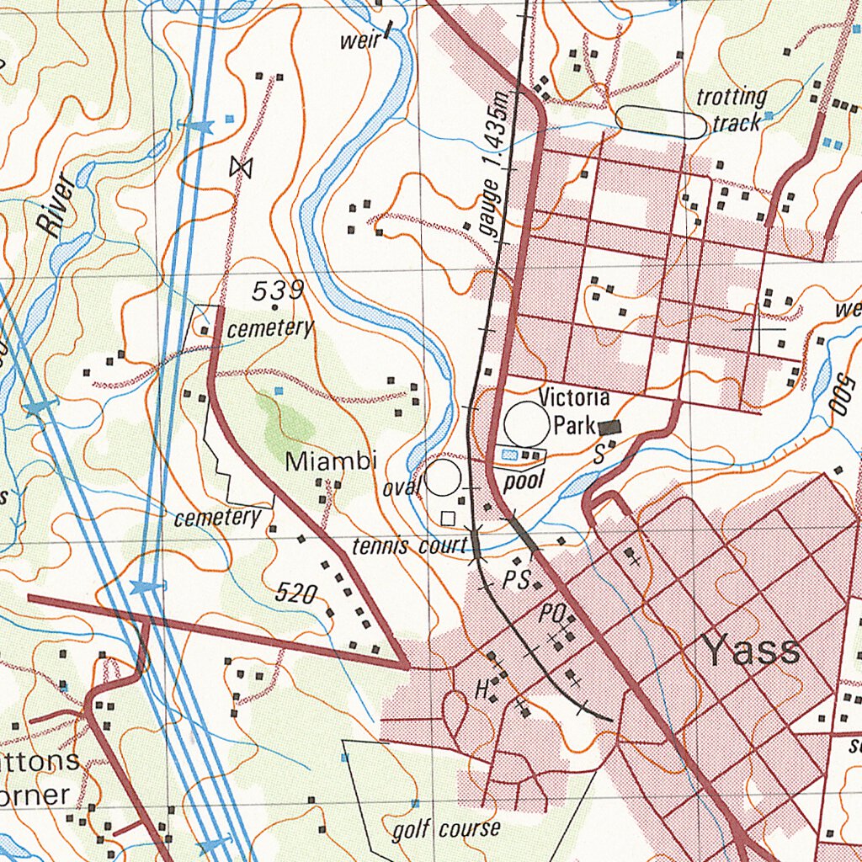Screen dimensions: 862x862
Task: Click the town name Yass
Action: tap(751, 651)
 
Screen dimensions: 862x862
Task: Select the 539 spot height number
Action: tap(278, 291)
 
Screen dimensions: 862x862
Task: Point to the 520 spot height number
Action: tap(296, 594)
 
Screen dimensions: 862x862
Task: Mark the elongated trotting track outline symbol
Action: tap(661, 122)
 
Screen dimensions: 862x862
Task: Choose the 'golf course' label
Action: tap(446, 830)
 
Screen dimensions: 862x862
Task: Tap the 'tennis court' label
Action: tap(408, 546)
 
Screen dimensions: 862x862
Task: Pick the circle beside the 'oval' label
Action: tap(442, 478)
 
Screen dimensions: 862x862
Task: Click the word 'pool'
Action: tap(524, 481)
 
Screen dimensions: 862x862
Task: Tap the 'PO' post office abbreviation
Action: tap(551, 615)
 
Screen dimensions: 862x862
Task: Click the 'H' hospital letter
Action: tap(482, 690)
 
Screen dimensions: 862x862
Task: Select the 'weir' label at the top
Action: tap(358, 41)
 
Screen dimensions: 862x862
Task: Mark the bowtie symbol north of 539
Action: tap(241, 168)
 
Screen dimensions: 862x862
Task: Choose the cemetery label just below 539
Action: tap(269, 327)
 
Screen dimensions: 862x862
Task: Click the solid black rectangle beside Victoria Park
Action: tap(609, 428)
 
